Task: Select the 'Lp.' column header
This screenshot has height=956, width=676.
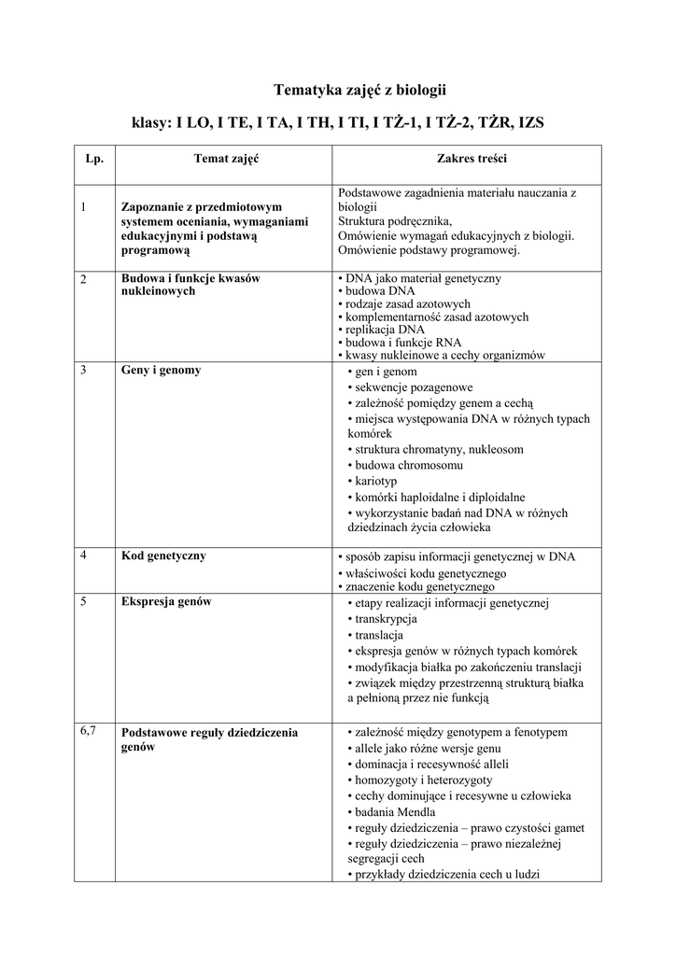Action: tap(93, 160)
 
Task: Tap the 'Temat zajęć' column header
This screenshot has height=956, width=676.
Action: tap(226, 160)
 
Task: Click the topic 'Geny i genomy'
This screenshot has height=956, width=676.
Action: tap(162, 370)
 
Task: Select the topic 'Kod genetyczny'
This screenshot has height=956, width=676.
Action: tap(164, 555)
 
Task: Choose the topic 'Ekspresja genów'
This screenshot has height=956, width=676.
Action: tap(167, 601)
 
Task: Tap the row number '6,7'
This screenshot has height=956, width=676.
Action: tap(90, 729)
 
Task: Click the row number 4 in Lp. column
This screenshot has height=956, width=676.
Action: tap(84, 555)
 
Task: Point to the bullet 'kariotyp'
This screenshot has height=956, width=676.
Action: tap(374, 481)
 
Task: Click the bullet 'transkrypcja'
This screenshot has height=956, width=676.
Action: tap(385, 619)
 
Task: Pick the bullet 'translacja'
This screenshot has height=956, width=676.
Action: tap(378, 635)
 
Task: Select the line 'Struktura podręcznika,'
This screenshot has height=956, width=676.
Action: tap(394, 222)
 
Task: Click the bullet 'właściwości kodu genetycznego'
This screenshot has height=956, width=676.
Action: tap(425, 572)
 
